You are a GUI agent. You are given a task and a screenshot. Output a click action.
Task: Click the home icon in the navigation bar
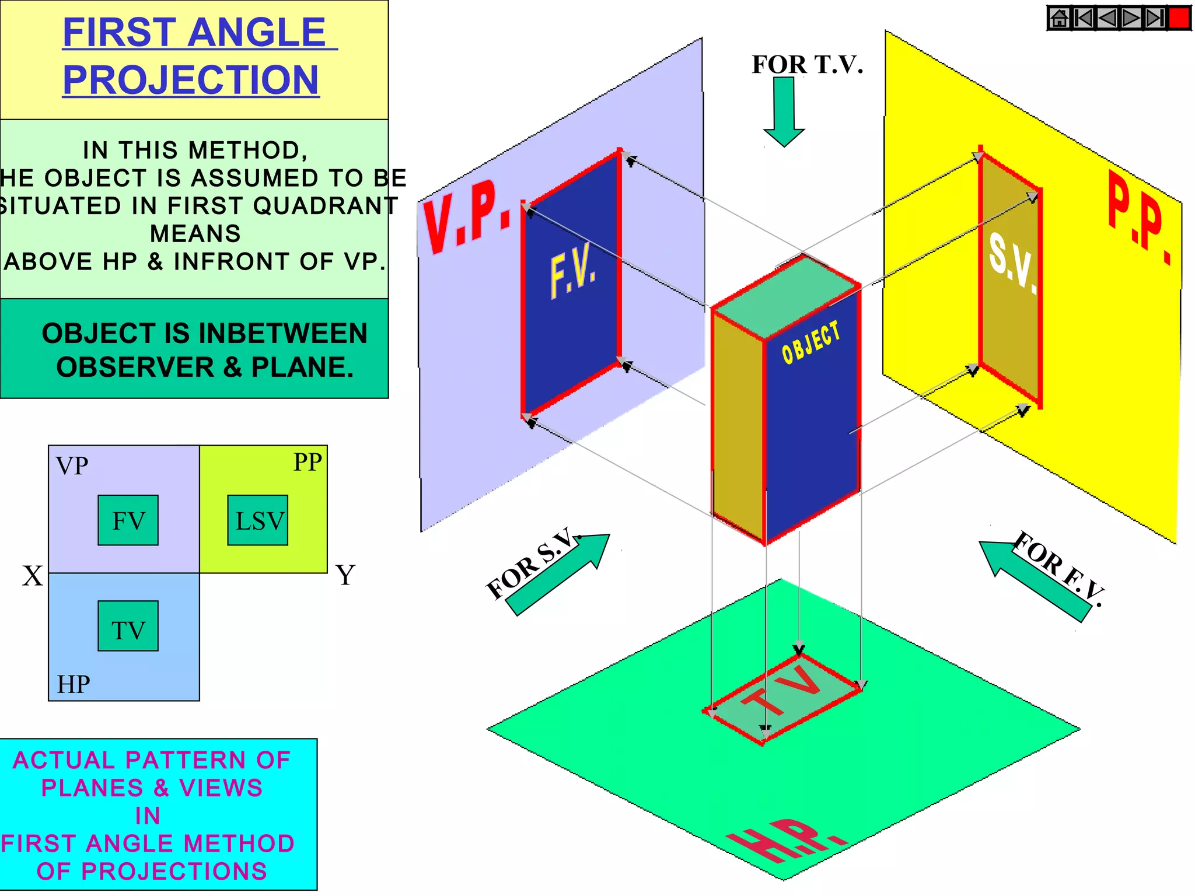pos(1059,18)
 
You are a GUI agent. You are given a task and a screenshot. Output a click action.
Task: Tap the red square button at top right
pos(1179,18)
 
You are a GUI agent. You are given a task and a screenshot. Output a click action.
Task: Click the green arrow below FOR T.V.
pos(784,111)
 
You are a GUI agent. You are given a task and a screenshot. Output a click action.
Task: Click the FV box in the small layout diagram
pos(128,520)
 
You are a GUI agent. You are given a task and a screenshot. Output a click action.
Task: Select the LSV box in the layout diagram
pos(257,520)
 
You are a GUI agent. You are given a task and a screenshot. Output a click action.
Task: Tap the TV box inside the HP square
pos(128,626)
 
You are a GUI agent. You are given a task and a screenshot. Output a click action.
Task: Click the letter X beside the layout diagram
pos(33,576)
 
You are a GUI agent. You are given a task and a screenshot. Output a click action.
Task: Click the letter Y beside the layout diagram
pos(345,575)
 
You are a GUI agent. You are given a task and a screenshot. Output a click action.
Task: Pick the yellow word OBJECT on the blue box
pos(811,342)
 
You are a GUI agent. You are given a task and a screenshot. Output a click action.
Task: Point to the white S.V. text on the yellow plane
pos(1012,263)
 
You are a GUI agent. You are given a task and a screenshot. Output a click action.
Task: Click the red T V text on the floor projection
pos(782,691)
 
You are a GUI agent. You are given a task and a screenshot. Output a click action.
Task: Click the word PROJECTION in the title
pos(191,80)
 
